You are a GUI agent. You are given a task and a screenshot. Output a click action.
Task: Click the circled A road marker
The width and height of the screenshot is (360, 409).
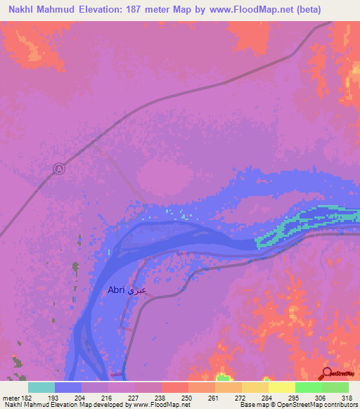[x=59, y=169]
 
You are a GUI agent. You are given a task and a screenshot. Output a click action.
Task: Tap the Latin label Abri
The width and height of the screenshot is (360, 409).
[x=117, y=290]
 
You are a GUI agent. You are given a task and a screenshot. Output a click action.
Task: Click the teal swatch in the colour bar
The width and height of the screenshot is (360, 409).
[x=41, y=387]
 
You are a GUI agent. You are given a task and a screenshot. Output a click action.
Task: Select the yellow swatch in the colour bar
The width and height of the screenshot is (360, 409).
[x=281, y=387]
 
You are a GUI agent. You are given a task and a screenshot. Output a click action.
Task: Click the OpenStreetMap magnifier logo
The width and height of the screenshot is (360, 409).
[x=326, y=374]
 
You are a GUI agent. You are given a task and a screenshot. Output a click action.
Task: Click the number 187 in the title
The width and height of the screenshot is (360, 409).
[x=139, y=9]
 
